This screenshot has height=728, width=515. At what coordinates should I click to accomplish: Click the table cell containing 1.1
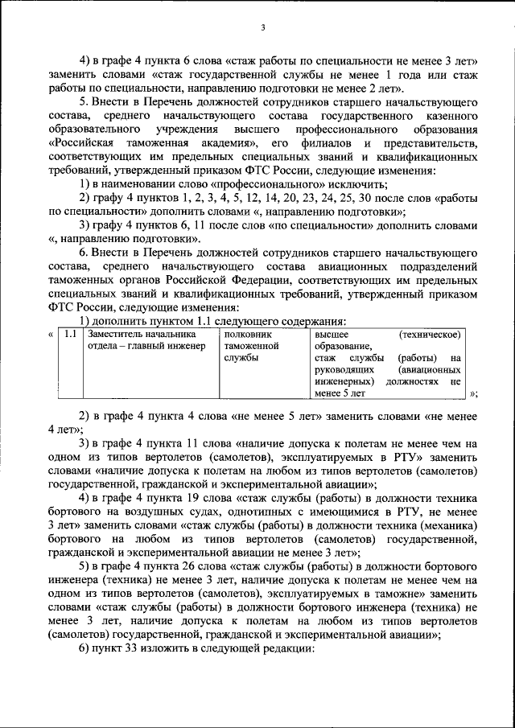pyautogui.click(x=71, y=334)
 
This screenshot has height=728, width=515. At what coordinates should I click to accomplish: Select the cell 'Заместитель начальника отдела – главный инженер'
pyautogui.click(x=141, y=339)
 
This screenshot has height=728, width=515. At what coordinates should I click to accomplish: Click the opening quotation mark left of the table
pyautogui.click(x=51, y=334)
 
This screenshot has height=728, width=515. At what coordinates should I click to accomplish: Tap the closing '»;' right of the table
pyautogui.click(x=473, y=393)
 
